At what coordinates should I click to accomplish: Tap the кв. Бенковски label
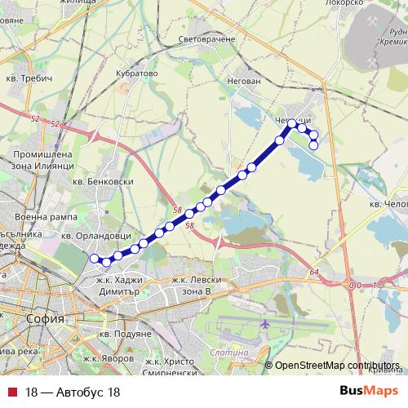pos(103,182)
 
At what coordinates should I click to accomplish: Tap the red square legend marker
pos(11,392)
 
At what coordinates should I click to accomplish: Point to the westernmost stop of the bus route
pos(94,259)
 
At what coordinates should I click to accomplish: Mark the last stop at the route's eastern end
pos(314,145)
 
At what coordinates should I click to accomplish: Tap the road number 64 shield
pos(315,272)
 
